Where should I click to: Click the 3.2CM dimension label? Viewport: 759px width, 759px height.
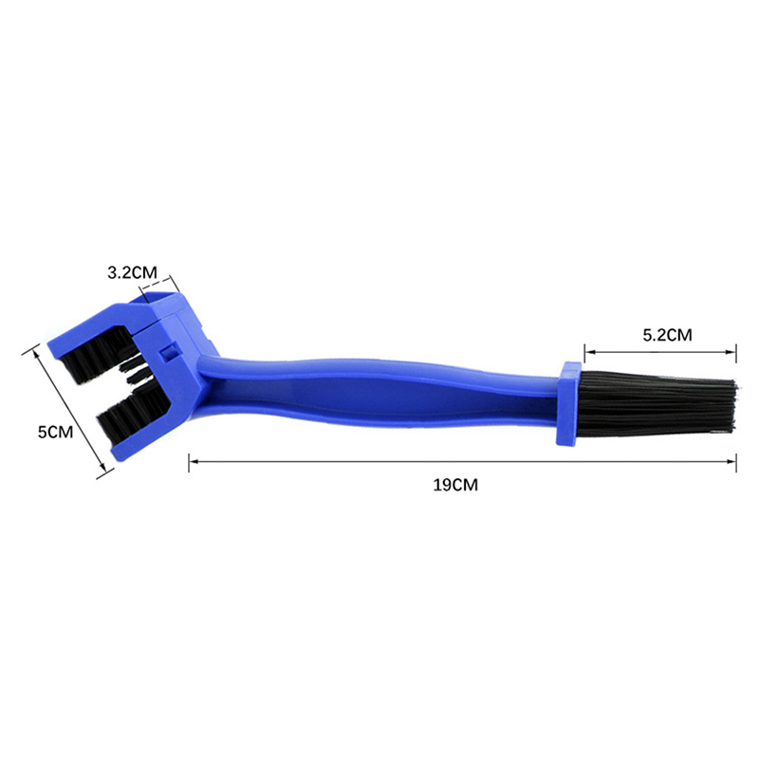(132, 273)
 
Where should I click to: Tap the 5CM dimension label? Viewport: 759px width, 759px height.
(55, 432)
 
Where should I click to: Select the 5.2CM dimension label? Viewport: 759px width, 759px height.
(667, 335)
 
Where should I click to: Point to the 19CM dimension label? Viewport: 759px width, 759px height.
(455, 485)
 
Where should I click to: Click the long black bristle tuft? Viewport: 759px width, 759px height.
(658, 402)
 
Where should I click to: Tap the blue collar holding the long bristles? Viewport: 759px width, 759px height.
(568, 404)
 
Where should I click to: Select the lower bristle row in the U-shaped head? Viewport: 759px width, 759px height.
(132, 413)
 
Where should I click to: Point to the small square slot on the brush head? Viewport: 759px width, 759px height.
(169, 353)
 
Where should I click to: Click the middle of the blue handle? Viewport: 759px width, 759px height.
(378, 391)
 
